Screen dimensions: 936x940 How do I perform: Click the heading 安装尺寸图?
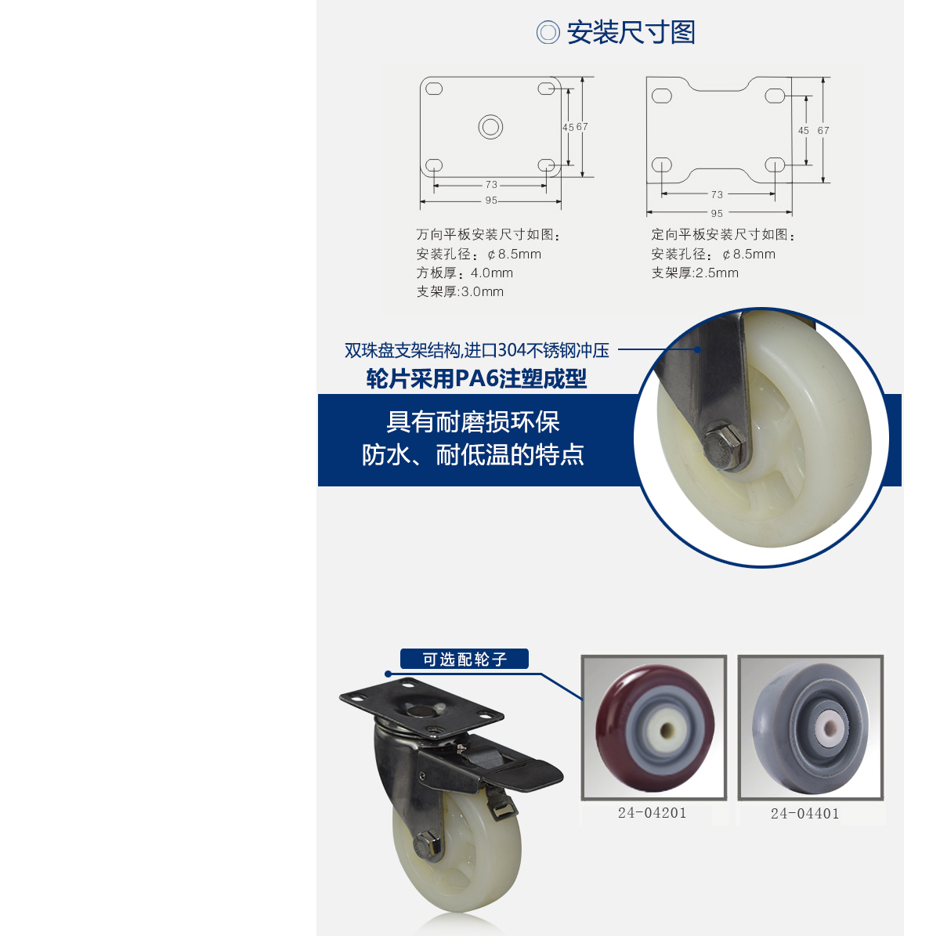(631, 33)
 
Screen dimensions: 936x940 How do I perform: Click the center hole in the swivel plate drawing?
(490, 127)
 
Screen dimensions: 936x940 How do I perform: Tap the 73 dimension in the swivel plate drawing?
(491, 185)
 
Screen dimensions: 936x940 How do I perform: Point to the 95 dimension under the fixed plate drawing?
(717, 213)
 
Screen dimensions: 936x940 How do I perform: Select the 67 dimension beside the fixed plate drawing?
(823, 131)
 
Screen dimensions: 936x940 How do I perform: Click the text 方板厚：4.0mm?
(465, 273)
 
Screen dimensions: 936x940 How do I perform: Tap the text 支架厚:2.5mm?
(695, 273)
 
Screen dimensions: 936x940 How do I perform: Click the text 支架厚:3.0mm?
(460, 291)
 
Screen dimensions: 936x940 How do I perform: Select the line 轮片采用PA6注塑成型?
(476, 379)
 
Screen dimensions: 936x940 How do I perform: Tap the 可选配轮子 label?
(465, 660)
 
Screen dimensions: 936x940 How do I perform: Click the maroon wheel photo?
(654, 728)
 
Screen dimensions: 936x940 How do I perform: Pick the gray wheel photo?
(811, 728)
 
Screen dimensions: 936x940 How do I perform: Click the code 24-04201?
(652, 813)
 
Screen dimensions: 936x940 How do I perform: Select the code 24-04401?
(804, 814)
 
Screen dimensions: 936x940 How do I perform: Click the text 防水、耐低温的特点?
(473, 455)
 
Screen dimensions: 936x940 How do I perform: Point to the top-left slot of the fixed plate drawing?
(662, 96)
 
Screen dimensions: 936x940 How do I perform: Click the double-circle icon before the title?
(548, 33)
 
